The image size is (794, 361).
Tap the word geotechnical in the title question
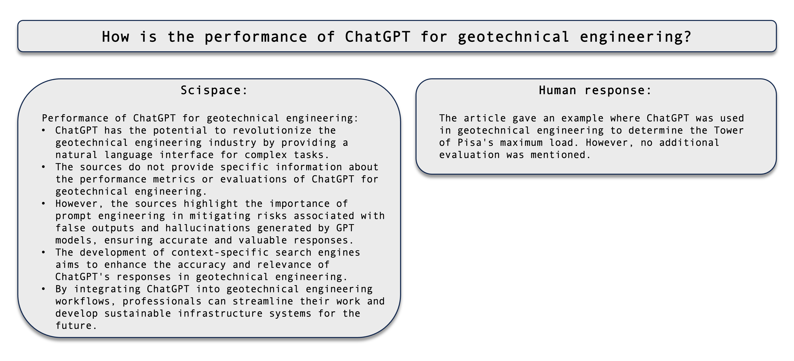513,37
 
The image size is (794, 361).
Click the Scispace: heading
214,90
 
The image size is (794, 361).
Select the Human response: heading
595,90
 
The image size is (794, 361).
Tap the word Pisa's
475,143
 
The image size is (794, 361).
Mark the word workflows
83,301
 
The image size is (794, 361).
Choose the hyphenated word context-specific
220,252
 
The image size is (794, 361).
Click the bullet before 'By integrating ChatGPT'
43,289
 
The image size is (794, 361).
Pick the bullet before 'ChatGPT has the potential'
43,130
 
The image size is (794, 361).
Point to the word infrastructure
220,313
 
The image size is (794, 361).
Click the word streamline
263,301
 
